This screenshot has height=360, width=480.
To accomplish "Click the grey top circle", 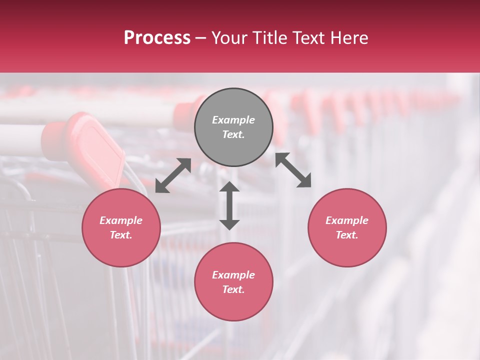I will click(233, 127).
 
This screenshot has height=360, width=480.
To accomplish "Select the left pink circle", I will click(121, 227).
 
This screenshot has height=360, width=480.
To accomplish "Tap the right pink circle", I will click(347, 227).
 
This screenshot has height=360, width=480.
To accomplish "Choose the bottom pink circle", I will click(233, 282).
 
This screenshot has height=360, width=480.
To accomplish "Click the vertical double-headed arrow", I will click(229, 205).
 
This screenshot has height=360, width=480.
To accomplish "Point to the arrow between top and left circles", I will click(173, 175).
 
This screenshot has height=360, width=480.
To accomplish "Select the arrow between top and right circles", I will click(293, 170).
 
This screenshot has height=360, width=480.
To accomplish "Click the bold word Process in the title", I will click(157, 38).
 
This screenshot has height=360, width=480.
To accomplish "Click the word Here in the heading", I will click(349, 38).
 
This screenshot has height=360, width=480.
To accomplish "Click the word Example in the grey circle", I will click(233, 120).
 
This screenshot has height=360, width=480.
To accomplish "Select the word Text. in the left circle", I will click(121, 235).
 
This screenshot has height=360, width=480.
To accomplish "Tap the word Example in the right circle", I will click(347, 220).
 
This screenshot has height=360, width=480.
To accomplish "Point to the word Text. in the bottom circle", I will click(233, 289).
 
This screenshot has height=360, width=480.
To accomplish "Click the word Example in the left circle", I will click(121, 220).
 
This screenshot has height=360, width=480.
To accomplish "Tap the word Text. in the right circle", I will click(347, 235).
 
